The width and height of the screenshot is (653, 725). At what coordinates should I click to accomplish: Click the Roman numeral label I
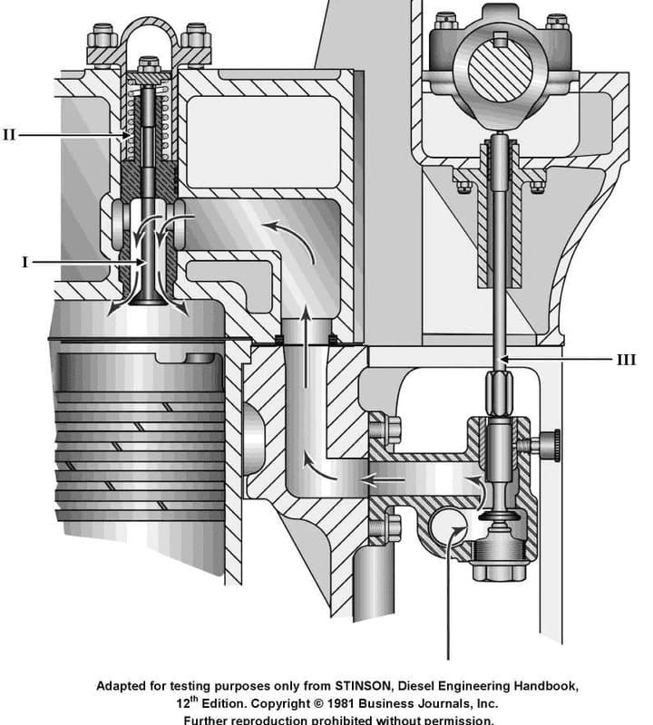(25, 262)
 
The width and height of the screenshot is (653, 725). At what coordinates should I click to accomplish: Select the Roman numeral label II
(9, 135)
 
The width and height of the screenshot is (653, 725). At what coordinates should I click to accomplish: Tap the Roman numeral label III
(626, 360)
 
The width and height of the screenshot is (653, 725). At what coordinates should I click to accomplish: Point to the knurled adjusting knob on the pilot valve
(548, 444)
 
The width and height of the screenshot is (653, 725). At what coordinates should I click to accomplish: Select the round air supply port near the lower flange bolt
(445, 527)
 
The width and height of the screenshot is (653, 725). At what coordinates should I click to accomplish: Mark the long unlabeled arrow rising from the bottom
(448, 598)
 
